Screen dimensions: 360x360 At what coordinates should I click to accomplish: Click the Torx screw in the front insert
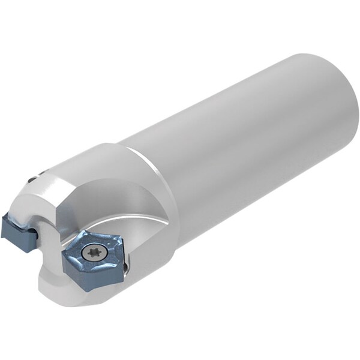click(x=93, y=253)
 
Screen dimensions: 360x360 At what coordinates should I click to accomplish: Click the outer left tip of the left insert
click(x=3, y=231)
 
